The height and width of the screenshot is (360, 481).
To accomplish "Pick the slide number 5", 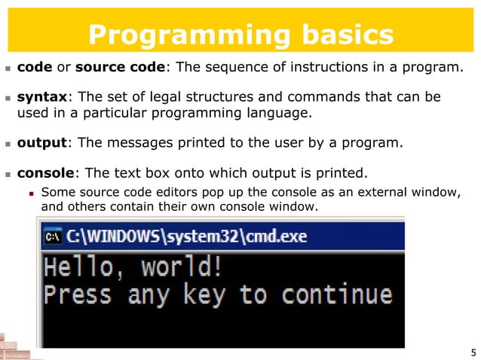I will coord(472,352).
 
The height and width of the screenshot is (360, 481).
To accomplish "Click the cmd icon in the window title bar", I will coord(54,236).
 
